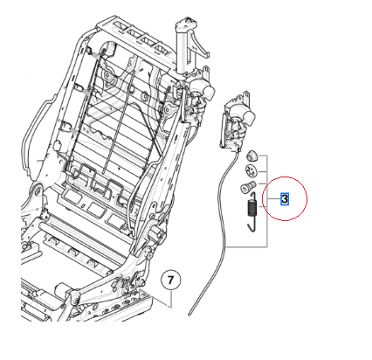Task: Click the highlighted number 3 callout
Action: click(x=285, y=199)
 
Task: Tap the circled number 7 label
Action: click(x=172, y=280)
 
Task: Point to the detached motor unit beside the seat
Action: click(x=236, y=118)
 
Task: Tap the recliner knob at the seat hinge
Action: click(x=158, y=235)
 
